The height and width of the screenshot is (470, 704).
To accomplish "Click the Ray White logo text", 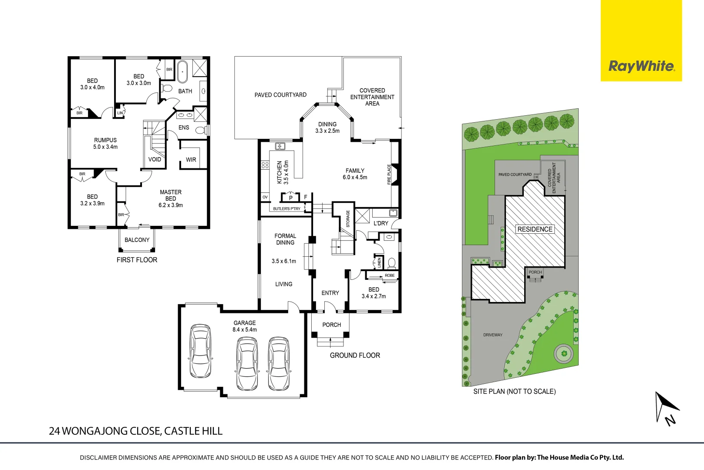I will tap(641, 66).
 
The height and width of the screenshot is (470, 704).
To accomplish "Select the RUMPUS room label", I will tap(105, 140).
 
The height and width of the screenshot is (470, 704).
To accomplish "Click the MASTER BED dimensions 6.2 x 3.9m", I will tap(171, 205).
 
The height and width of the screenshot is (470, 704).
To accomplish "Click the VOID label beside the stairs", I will tap(155, 159).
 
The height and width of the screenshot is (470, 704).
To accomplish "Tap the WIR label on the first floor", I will tap(191, 160).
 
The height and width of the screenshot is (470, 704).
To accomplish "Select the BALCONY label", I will tap(137, 240).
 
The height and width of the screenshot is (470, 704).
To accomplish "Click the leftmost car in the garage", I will tap(201, 351).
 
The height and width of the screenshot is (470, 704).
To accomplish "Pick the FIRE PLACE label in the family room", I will tap(389, 174).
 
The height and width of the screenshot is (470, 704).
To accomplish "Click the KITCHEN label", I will tap(280, 172).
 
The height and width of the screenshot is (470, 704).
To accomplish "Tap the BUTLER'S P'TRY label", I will tap(286, 209).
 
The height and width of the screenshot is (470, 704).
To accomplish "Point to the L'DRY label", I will tap(381, 223).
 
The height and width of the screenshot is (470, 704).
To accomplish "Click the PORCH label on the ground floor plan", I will tap(331, 325).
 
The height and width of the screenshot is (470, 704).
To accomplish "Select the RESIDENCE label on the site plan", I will tap(535, 229).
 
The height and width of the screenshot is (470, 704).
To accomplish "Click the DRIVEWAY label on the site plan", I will tap(492, 335).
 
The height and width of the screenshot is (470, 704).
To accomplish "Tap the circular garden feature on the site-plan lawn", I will tap(564, 353).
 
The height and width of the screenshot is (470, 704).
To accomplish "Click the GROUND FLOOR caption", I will tap(355, 356).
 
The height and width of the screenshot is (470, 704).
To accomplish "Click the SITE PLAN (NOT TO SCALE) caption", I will tap(514, 392).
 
